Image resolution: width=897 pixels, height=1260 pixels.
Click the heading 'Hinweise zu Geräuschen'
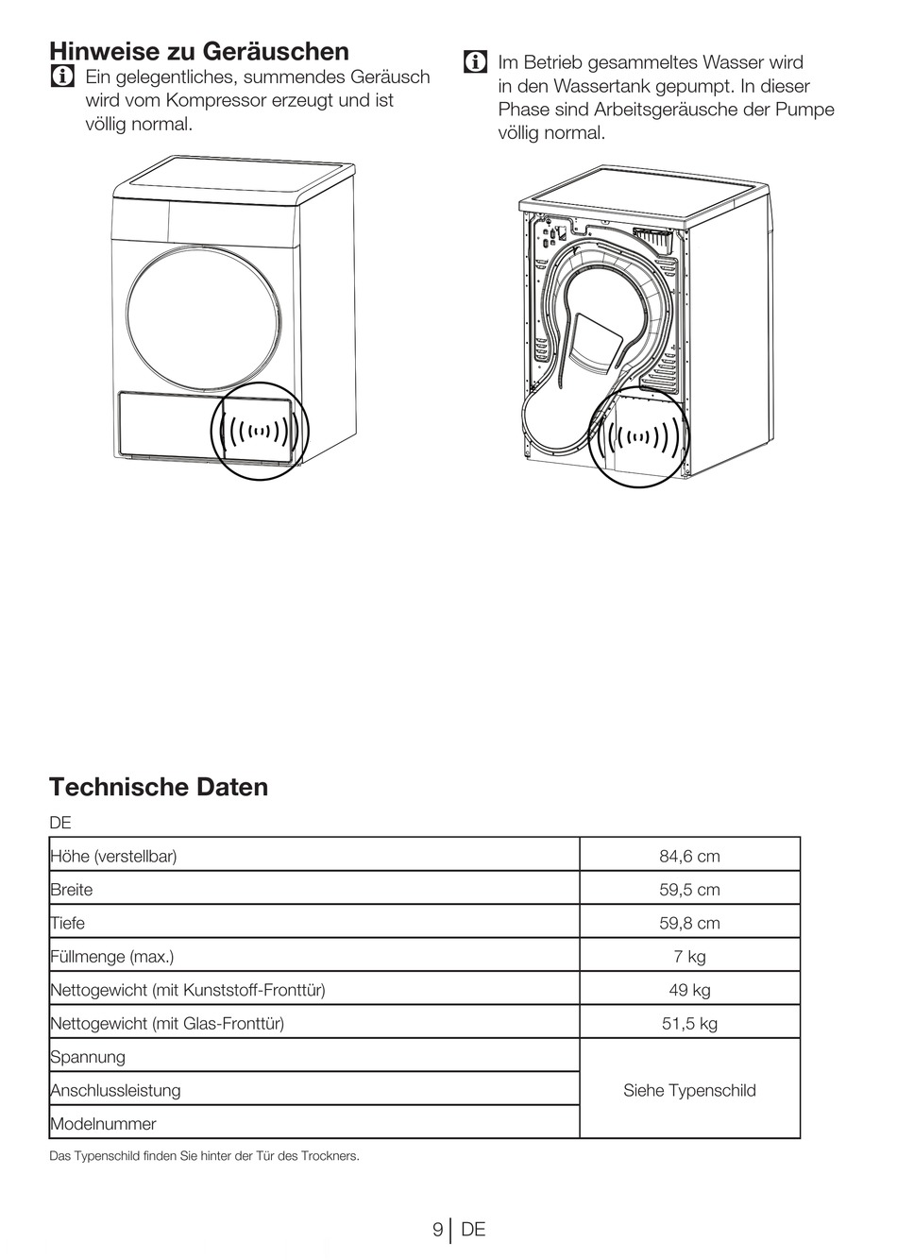[x=199, y=51]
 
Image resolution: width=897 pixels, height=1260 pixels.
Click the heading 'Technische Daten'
[x=159, y=787]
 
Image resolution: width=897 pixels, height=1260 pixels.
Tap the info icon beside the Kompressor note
[x=63, y=77]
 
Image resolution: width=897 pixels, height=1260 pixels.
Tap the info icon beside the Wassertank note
[x=475, y=63]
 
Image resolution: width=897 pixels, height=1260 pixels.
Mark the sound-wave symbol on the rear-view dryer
[x=640, y=436]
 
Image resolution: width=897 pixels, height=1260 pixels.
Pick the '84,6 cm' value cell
[x=689, y=856]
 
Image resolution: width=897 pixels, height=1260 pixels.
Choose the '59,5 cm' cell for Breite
[x=689, y=890]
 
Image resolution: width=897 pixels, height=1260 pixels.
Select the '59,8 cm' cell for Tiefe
[x=689, y=923]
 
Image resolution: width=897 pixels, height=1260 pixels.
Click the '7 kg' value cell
[x=689, y=957]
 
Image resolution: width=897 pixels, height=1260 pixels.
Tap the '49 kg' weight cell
[x=689, y=990]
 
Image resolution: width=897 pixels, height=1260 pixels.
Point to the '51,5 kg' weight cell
[x=689, y=1023]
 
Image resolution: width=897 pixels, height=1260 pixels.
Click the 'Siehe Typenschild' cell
[x=689, y=1090]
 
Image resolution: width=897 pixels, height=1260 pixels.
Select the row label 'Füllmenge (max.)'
[x=112, y=957]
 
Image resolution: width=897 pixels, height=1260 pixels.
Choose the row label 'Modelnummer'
[x=103, y=1124]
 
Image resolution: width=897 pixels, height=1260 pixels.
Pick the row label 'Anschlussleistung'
[x=115, y=1090]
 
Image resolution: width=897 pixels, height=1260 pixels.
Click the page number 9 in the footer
[x=437, y=1229]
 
